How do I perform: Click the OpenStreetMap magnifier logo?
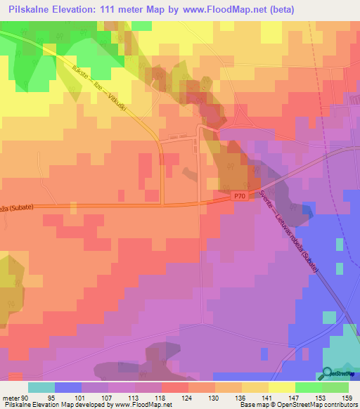(328, 373)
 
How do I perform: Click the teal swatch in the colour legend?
(41, 387)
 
